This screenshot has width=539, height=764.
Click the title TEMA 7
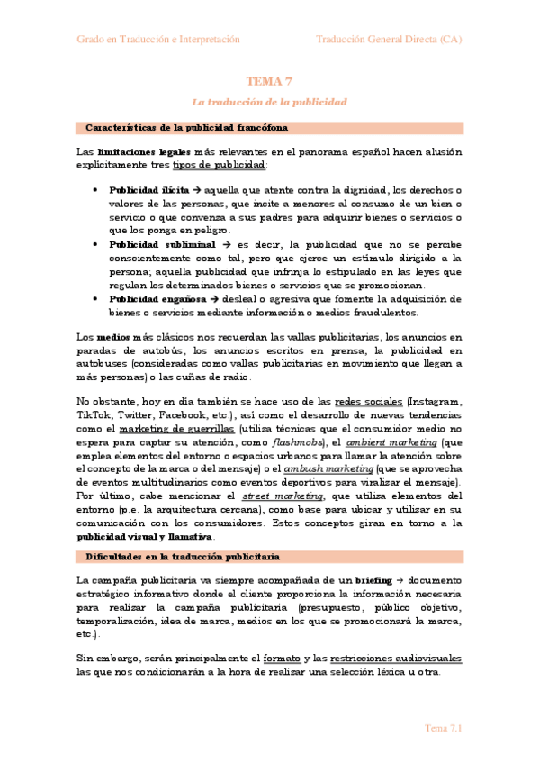269,82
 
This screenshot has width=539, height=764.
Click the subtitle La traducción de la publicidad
269,102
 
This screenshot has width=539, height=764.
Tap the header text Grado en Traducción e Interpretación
157,40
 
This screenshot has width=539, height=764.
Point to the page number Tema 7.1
443,728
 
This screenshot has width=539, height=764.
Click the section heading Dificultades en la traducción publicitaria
183,557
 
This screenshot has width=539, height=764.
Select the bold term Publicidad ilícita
148,191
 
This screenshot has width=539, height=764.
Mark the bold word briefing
374,580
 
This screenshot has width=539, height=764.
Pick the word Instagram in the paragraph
436,401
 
